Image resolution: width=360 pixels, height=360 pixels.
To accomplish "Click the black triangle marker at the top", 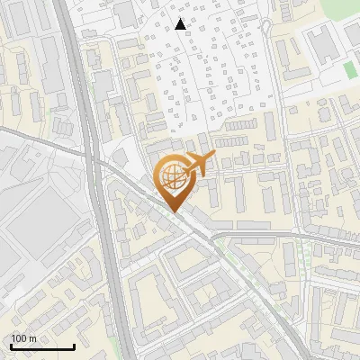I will tap(181, 24).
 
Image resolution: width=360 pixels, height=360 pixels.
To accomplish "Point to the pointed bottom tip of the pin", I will tap(172, 212).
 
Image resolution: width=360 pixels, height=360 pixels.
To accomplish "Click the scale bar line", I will tap(42, 346).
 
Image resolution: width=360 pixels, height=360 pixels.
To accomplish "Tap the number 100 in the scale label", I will tap(20, 338).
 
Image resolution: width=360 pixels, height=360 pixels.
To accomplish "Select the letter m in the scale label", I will tap(32, 338).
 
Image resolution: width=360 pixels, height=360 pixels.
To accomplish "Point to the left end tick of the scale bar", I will tap(11, 345).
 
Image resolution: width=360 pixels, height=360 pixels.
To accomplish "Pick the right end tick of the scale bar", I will tap(74, 345).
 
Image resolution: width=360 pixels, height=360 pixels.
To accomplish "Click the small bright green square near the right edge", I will tap(350, 70).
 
